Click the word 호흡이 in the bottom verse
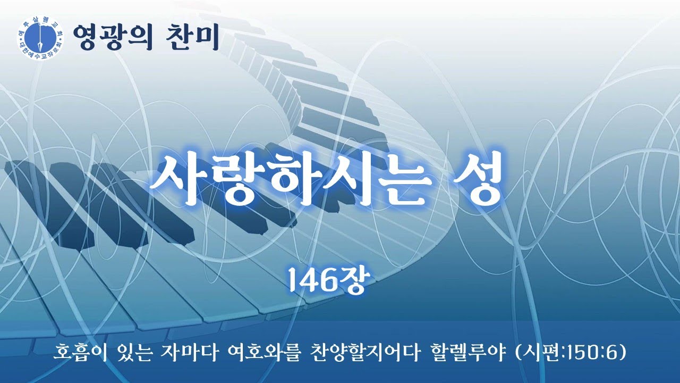(80, 352)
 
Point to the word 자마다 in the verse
(192, 352)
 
